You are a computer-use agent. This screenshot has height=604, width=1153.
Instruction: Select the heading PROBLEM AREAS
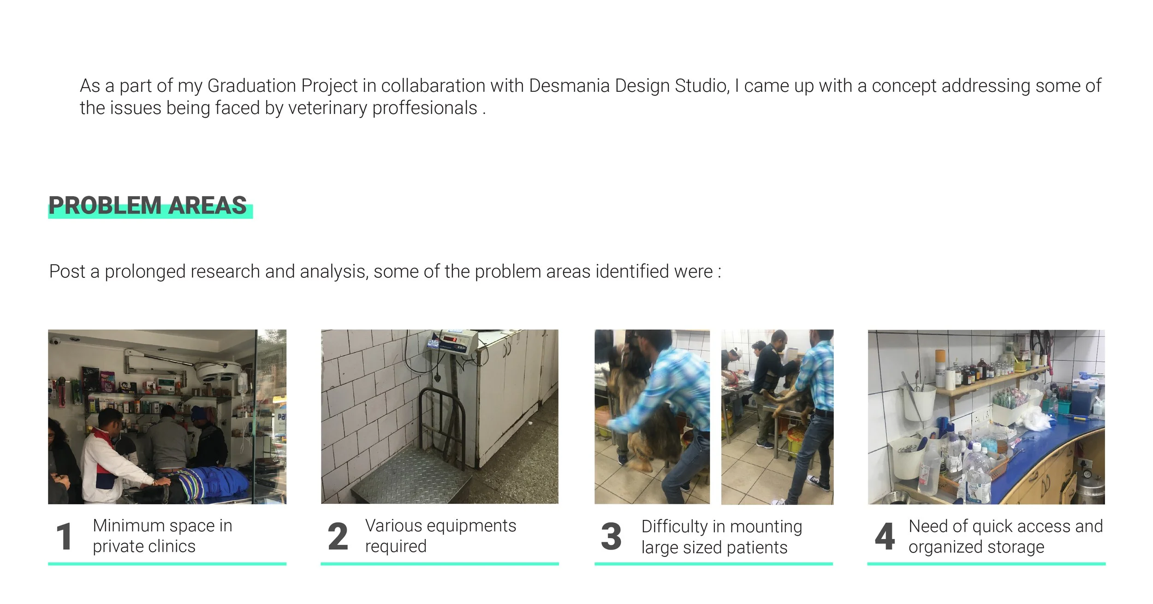coord(148,206)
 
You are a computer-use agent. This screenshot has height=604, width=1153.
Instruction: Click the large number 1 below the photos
coord(64,537)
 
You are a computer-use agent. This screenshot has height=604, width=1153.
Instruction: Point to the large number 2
coord(338,537)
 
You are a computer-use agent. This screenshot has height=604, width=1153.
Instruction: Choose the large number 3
coord(611,537)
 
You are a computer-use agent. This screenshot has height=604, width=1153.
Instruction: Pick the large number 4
coord(885,537)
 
